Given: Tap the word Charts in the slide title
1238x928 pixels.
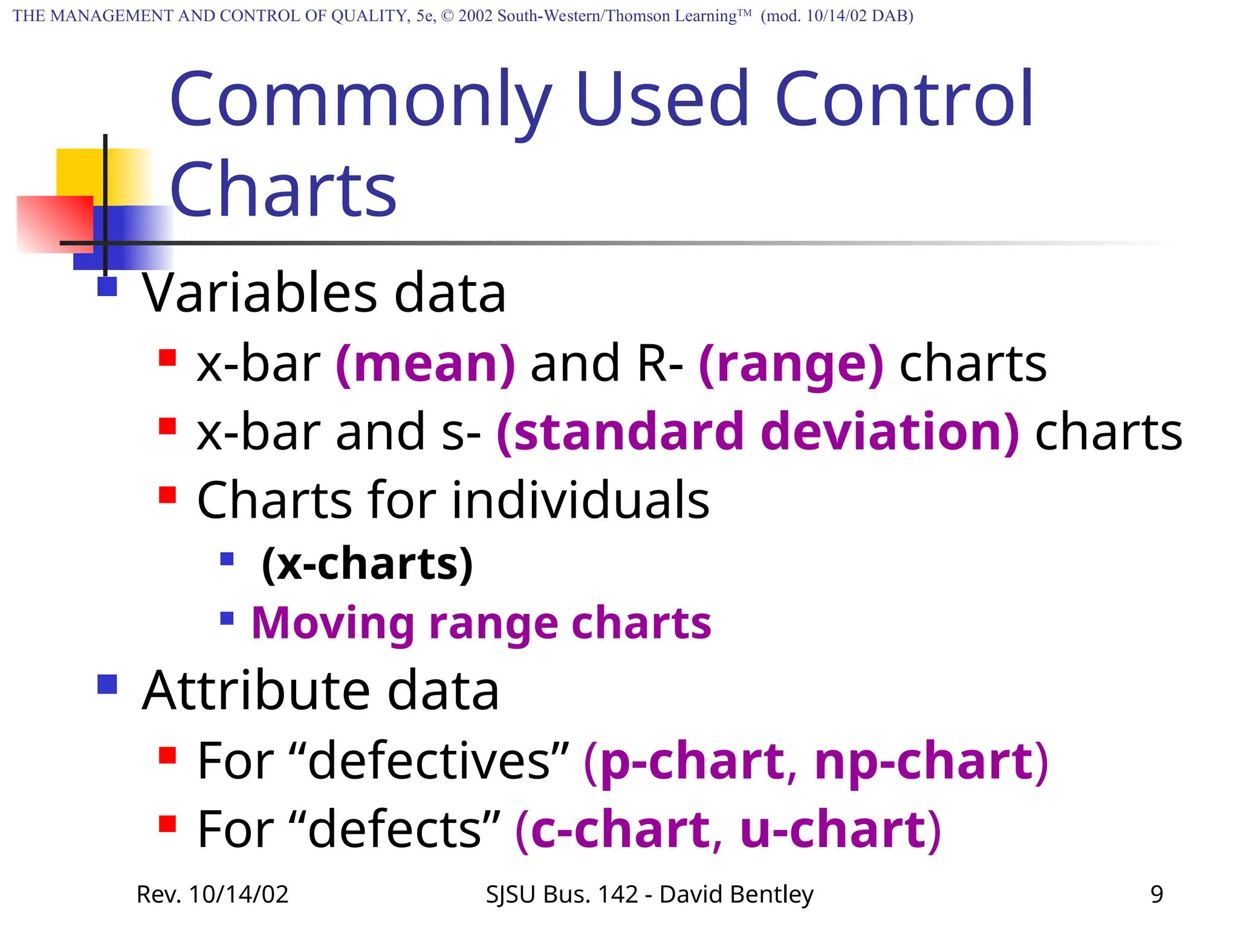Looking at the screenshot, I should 283,189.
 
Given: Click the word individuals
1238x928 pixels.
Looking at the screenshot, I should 580,500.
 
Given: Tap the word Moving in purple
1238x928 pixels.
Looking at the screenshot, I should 333,623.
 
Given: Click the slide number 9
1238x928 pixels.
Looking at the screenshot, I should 1156,894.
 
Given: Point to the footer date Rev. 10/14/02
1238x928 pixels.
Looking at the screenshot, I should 213,894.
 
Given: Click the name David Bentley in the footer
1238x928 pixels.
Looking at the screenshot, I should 736,894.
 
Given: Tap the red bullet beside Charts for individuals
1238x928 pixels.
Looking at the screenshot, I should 167,495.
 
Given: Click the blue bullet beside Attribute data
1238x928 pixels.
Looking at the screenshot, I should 107,685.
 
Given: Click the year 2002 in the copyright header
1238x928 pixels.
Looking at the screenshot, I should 476,16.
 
